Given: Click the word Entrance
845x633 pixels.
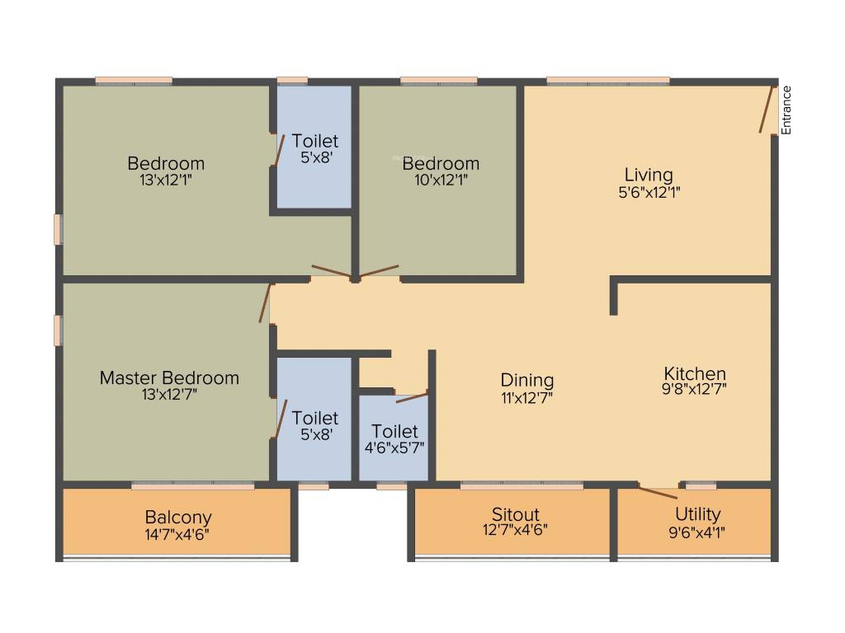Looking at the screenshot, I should (x=786, y=110).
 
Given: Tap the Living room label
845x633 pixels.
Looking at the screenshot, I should (x=649, y=175).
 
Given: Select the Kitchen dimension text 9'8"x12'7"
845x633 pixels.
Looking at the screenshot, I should (x=694, y=389).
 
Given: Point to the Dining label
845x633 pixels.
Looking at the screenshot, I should (x=527, y=380).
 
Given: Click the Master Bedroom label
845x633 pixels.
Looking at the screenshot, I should (x=169, y=377).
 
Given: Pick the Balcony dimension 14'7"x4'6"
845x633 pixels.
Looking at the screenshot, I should (x=178, y=533).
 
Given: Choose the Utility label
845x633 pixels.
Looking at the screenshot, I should (x=697, y=514).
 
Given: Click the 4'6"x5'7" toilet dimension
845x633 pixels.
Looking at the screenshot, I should (x=394, y=448).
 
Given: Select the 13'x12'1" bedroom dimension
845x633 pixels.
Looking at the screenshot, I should (x=166, y=179).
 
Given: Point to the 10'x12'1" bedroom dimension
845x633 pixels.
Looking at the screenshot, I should (x=441, y=180).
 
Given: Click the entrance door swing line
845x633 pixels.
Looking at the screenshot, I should (x=767, y=109).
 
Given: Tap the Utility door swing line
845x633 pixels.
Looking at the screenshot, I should (x=658, y=493).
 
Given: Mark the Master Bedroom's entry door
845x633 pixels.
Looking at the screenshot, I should (x=265, y=303).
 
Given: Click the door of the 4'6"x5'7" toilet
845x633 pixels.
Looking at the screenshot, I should (x=412, y=397).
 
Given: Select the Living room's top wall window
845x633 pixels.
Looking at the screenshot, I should (x=608, y=81).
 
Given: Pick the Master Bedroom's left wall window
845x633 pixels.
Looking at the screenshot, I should (x=58, y=330).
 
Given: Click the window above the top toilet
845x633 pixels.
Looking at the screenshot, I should (x=292, y=81).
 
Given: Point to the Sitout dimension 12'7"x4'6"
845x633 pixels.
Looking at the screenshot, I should (x=515, y=530).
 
